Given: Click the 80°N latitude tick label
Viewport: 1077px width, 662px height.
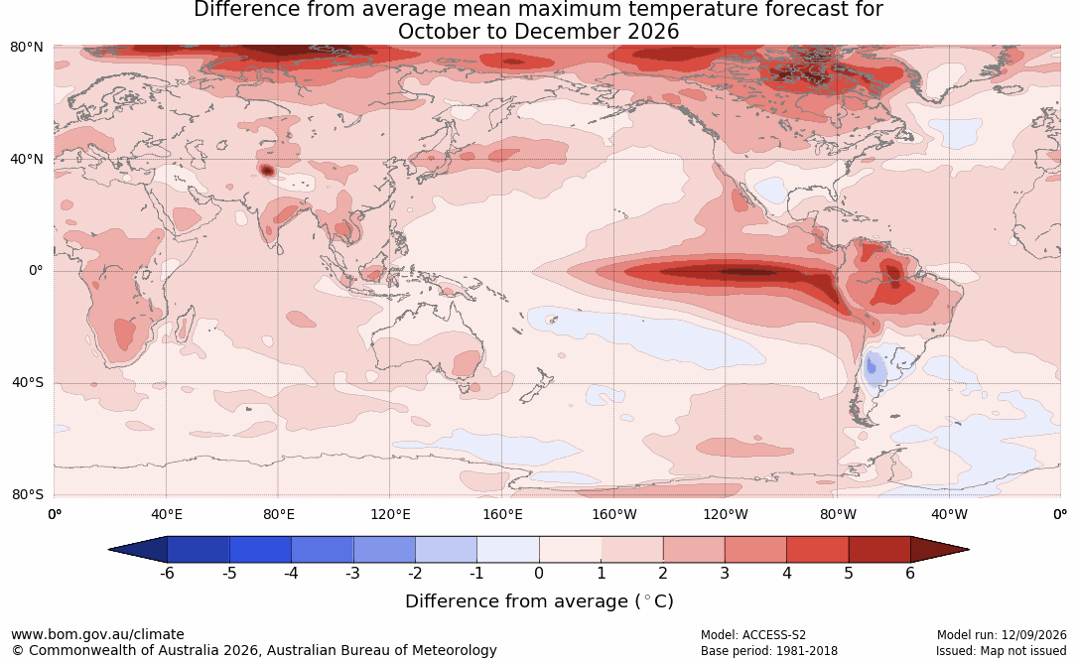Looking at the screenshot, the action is point(26,48).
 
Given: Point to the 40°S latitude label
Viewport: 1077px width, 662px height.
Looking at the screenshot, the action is point(27,382).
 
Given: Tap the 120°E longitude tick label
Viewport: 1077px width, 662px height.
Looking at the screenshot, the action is point(390,514).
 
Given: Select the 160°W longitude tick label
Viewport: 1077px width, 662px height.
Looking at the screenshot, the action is point(614,514).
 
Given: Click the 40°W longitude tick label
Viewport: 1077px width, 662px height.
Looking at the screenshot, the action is point(949,514).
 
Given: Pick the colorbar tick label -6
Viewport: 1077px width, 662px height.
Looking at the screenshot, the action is point(166,573).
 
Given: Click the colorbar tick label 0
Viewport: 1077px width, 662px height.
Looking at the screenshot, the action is point(539,573).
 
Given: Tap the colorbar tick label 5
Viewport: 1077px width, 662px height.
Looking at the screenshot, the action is point(849,573).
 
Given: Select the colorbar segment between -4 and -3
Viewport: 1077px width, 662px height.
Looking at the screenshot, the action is point(323,550).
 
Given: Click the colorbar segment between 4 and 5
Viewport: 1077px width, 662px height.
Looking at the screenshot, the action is point(817,550).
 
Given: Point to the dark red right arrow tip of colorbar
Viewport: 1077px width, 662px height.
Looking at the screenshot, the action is point(969,550).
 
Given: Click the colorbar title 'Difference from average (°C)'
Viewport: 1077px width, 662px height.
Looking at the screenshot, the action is point(539,601).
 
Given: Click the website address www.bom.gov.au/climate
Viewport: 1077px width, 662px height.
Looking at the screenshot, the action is point(97,634).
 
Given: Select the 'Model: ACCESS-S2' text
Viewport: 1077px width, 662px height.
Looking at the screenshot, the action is point(753,635).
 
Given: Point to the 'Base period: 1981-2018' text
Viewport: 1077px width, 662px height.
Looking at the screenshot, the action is point(769,651).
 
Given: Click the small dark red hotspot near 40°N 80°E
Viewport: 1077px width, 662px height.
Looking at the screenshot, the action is point(266,170).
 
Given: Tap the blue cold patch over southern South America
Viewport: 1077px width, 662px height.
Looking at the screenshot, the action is point(873,366).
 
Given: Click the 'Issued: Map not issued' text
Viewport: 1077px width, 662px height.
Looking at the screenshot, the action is point(1002,651).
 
